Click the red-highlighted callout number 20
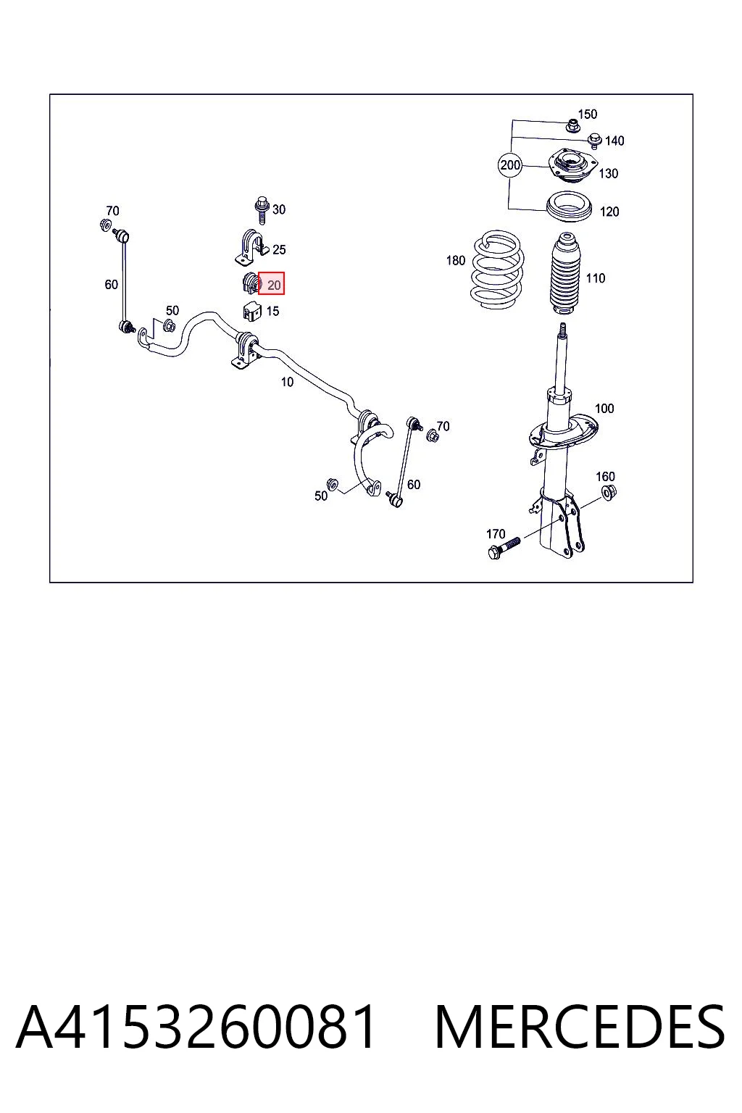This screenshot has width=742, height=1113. coord(274,285)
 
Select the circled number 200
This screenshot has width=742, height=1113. coord(510,165)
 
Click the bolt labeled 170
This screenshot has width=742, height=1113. coord(504,548)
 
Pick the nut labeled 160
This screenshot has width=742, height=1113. coord(609,492)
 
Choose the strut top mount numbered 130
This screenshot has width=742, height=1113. coord(572,166)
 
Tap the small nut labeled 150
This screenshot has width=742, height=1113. coord(572,126)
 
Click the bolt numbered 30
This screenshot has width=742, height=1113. coord(262,211)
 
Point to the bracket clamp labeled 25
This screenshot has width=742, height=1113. coord(251,246)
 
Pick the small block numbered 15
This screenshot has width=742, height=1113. coord(252,312)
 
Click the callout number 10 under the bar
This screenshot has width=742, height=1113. coord(287,382)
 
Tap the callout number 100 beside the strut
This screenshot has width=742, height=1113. coord(604,409)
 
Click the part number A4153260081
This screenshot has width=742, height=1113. coord(196,1027)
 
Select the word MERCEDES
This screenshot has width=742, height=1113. coord(580,1027)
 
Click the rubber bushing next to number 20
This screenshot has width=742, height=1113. coord(251,283)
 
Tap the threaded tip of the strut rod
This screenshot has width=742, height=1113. coord(563,328)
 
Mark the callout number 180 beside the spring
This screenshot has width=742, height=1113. coord(456,260)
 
